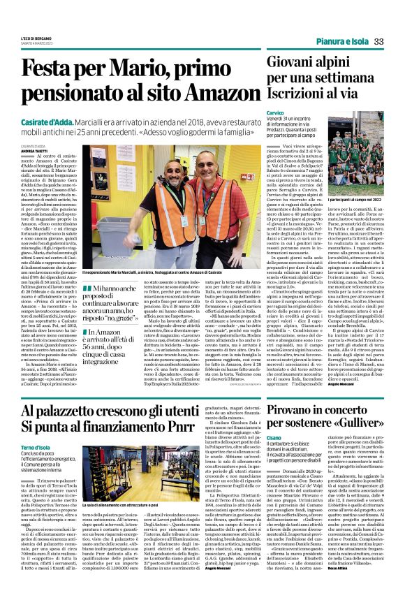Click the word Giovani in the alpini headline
coord(295,63)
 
